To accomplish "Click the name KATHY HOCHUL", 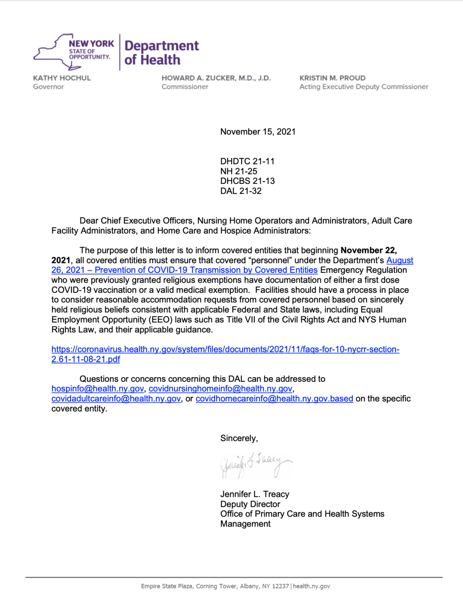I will pyautogui.click(x=62, y=78).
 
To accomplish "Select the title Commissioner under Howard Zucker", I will pyautogui.click(x=185, y=87).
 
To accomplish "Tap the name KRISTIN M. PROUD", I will pyautogui.click(x=332, y=78).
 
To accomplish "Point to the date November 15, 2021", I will pyautogui.click(x=257, y=132).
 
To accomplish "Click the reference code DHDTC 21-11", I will pyautogui.click(x=247, y=161).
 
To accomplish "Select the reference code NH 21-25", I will pyautogui.click(x=238, y=171).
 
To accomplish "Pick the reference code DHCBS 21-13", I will pyautogui.click(x=247, y=181).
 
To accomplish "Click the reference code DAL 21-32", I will pyautogui.click(x=240, y=191).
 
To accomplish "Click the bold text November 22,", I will pyautogui.click(x=369, y=250).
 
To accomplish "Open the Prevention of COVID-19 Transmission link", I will pyautogui.click(x=206, y=270).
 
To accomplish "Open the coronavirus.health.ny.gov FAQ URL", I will pyautogui.click(x=225, y=349).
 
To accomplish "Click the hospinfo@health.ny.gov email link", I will pyautogui.click(x=97, y=389).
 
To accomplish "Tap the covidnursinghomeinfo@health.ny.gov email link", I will pyautogui.click(x=220, y=389).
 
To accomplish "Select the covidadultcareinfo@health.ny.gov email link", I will pyautogui.click(x=116, y=399).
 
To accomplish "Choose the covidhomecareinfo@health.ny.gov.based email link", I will pyautogui.click(x=274, y=399).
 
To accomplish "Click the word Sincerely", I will pyautogui.click(x=238, y=438).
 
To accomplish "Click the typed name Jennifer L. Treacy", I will pyautogui.click(x=254, y=494).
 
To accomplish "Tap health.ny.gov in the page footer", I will pyautogui.click(x=311, y=586).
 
